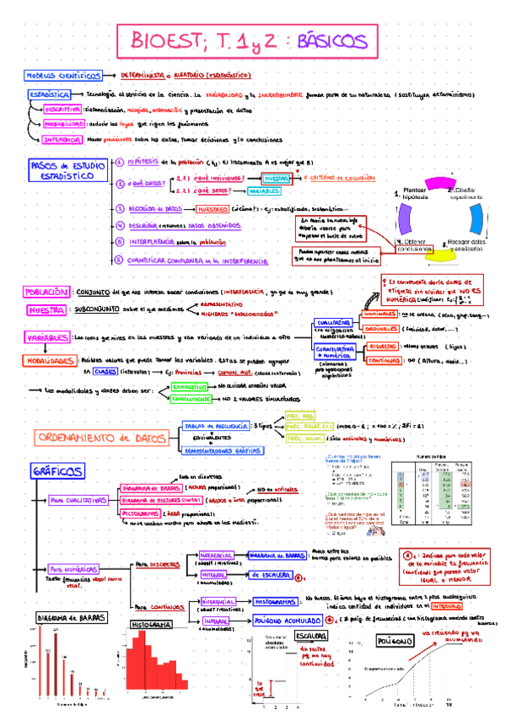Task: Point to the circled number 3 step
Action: point(120,208)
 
